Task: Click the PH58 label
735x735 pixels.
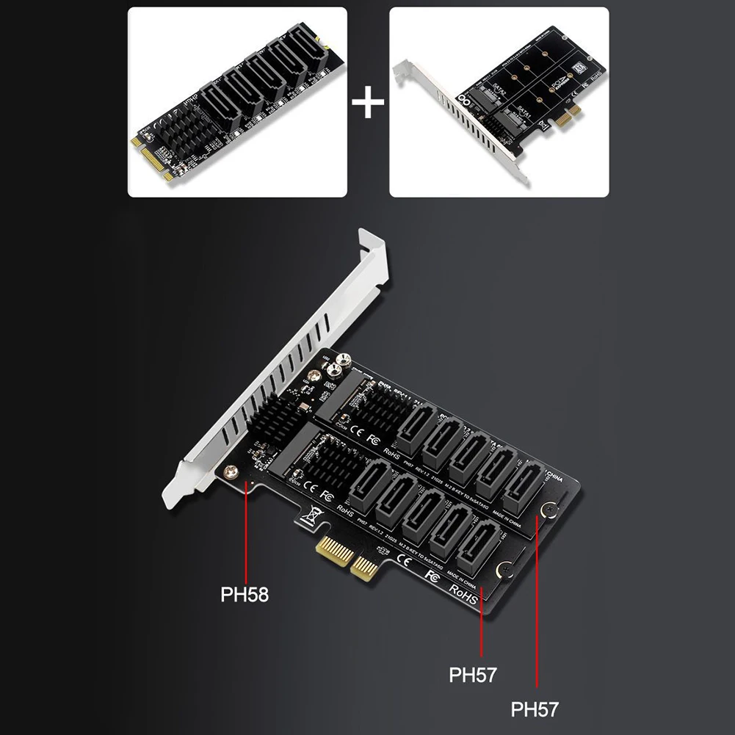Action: point(245,593)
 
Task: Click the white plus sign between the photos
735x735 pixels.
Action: point(368,102)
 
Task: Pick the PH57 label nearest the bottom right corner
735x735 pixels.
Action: point(535,709)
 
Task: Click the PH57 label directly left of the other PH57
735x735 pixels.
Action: point(473,674)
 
